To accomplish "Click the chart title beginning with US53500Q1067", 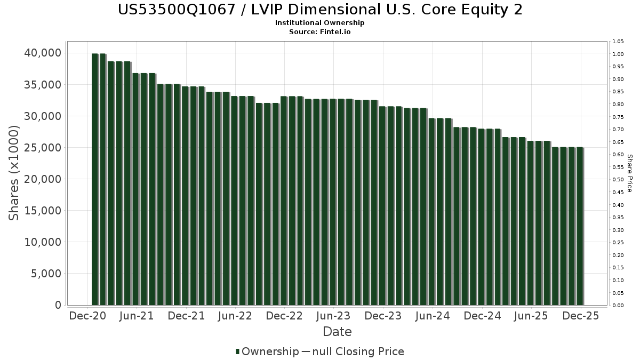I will point(320,10).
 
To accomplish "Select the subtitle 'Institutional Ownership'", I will point(320,23).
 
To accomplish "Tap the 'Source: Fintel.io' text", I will point(320,31).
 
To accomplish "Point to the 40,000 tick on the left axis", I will point(43,53).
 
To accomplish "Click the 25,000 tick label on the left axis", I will point(43,148).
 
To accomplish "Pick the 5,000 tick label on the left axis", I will point(46,274).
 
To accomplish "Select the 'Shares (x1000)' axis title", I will point(14,173).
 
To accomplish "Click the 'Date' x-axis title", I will point(337,332).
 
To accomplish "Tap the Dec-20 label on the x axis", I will point(88,316).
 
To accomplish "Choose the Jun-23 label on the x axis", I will point(334,316).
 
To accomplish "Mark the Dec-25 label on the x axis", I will point(580,316).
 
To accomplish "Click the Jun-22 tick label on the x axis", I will point(235,316).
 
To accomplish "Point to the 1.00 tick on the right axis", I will point(618,54).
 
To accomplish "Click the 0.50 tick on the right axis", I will point(618,180).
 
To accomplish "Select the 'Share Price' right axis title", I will point(630,173).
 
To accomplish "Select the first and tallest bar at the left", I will point(95,179).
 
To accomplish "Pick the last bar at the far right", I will point(579,226).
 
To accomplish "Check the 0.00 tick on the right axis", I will point(618,305).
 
